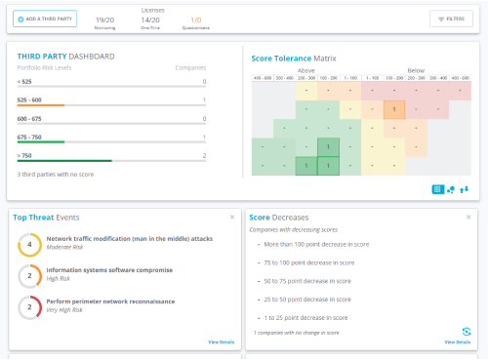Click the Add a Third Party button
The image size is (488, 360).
(45, 19)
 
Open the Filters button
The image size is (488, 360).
(451, 19)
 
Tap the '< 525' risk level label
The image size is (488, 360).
(24, 82)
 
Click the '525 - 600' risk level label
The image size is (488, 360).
(29, 100)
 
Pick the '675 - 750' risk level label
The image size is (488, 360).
(29, 138)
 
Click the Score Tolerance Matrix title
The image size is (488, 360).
(293, 58)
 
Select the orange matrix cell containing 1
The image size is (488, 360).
(393, 109)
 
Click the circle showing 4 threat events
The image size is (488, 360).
(29, 246)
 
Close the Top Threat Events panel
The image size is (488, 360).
(231, 217)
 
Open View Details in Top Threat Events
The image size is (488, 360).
(221, 342)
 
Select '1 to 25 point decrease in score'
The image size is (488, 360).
(306, 318)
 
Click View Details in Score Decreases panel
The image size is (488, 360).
(457, 342)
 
